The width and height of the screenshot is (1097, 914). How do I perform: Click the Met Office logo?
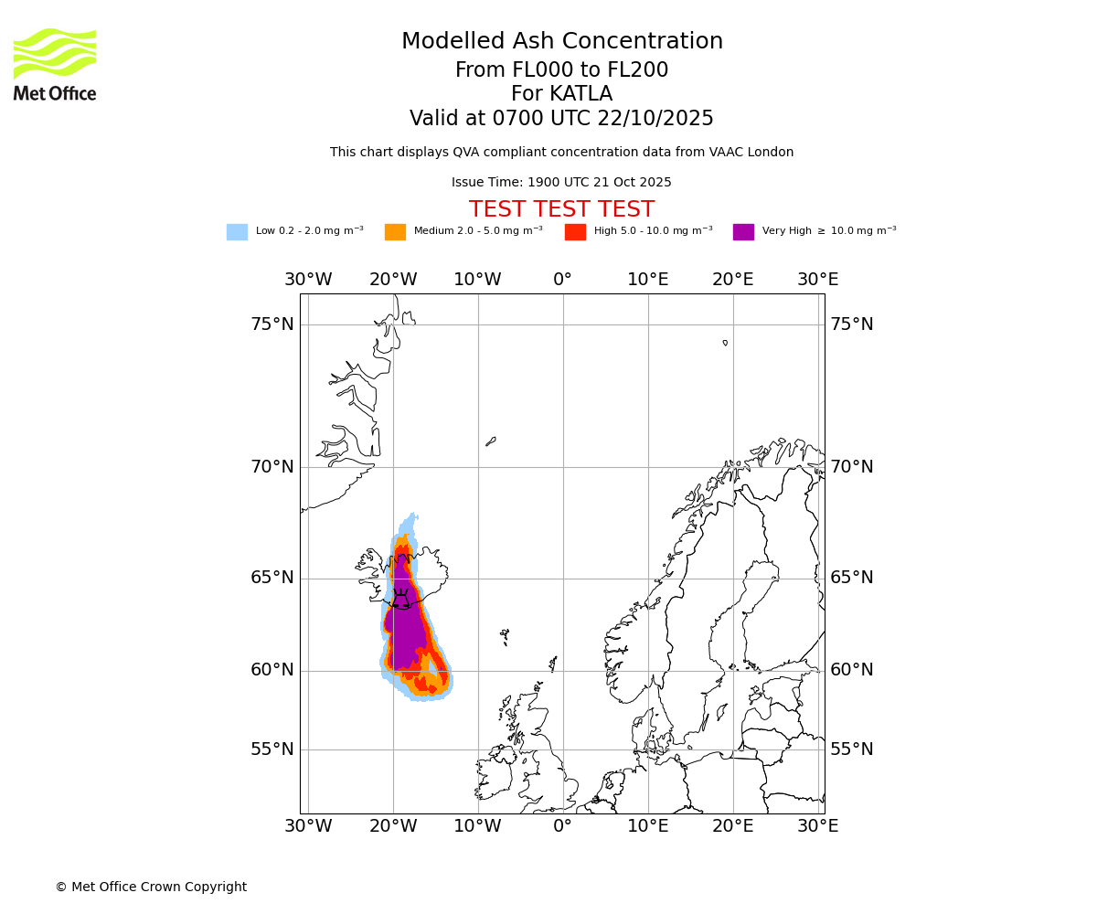pyautogui.click(x=55, y=64)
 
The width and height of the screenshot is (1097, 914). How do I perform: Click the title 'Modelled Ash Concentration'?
pyautogui.click(x=561, y=41)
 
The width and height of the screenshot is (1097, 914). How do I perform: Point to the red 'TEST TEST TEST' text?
pyautogui.click(x=561, y=209)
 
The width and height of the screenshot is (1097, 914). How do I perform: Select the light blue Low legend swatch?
pyautogui.click(x=237, y=231)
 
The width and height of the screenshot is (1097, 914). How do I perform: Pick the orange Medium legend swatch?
pyautogui.click(x=395, y=231)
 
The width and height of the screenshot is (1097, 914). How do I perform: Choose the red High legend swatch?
pyautogui.click(x=575, y=231)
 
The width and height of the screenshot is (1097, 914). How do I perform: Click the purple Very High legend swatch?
pyautogui.click(x=743, y=231)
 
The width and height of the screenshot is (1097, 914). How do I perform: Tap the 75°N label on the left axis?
pyautogui.click(x=272, y=324)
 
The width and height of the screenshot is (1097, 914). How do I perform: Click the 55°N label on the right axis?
pyautogui.click(x=851, y=749)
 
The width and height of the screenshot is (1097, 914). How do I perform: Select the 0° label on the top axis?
pyautogui.click(x=562, y=280)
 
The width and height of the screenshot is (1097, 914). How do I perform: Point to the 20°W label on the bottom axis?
pyautogui.click(x=393, y=826)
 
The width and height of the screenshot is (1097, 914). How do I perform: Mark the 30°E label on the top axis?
pyautogui.click(x=817, y=280)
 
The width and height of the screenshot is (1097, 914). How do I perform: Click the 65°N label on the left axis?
pyautogui.click(x=272, y=578)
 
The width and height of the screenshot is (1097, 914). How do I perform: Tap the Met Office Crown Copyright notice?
pyautogui.click(x=151, y=887)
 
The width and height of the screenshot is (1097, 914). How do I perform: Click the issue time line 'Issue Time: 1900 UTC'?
pyautogui.click(x=561, y=182)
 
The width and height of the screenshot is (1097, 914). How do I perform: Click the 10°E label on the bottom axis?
pyautogui.click(x=647, y=826)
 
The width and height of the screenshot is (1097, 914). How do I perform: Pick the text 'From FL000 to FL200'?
pyautogui.click(x=561, y=70)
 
